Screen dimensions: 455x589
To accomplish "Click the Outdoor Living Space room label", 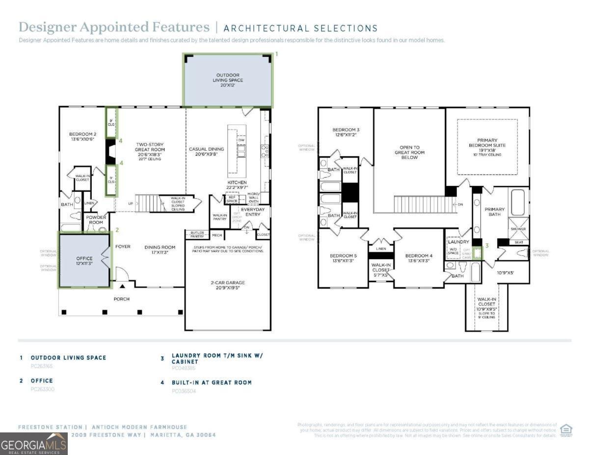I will (x=228, y=80).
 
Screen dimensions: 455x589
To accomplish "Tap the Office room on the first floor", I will (x=84, y=261).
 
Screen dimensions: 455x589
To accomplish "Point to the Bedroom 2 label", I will (x=82, y=136).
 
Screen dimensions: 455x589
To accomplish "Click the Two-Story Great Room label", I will (x=150, y=149).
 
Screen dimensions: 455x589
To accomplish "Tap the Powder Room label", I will (x=96, y=219).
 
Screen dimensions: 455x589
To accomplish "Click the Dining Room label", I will (x=160, y=249).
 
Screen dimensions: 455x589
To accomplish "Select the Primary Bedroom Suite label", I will (x=487, y=145).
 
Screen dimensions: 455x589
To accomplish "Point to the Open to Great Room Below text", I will (x=409, y=152).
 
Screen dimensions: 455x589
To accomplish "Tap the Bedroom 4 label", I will (x=419, y=259).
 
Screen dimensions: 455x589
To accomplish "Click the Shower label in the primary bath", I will (x=518, y=229).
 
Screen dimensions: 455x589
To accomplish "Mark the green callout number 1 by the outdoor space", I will (x=276, y=54).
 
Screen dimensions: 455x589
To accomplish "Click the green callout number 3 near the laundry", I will (x=487, y=245).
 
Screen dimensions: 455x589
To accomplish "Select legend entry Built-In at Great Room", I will (x=212, y=382).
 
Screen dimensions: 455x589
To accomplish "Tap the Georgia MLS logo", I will (x=33, y=444).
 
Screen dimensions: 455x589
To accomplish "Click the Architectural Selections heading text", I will (x=300, y=28).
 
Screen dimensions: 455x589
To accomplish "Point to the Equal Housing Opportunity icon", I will (x=566, y=430).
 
